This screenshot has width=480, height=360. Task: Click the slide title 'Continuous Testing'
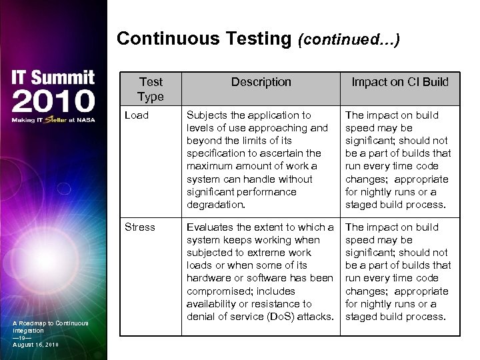click(x=203, y=39)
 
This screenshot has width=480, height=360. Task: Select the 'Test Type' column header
click(x=151, y=89)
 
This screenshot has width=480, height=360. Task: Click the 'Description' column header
click(x=261, y=82)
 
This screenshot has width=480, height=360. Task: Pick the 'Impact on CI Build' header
click(x=400, y=82)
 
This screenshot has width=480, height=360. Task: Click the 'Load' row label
click(x=137, y=115)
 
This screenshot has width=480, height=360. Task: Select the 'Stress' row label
click(x=140, y=227)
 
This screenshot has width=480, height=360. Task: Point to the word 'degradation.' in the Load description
click(x=217, y=205)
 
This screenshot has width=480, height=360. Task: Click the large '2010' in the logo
click(x=52, y=101)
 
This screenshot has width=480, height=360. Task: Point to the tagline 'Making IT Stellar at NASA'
click(x=52, y=121)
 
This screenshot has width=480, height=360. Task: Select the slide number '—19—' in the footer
click(x=22, y=337)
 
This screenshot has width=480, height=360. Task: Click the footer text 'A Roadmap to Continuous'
click(x=50, y=323)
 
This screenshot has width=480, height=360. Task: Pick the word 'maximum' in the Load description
click(x=208, y=166)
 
